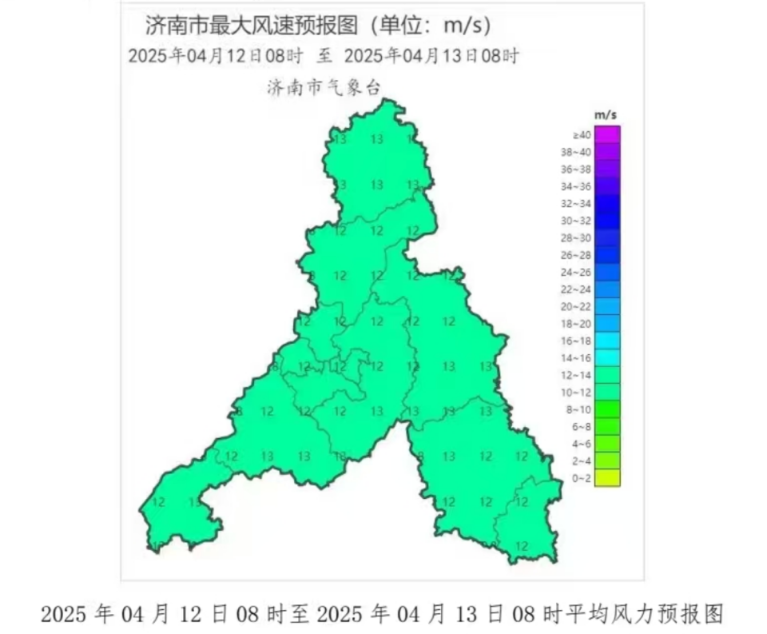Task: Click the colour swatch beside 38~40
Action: tap(607, 152)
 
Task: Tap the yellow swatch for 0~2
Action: tap(607, 478)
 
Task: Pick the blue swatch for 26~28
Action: tap(607, 255)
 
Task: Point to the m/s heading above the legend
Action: tap(606, 115)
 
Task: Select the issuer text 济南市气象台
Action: tap(324, 87)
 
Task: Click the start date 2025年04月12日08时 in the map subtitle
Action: tap(215, 57)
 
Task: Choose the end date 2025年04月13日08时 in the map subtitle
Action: tap(431, 57)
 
